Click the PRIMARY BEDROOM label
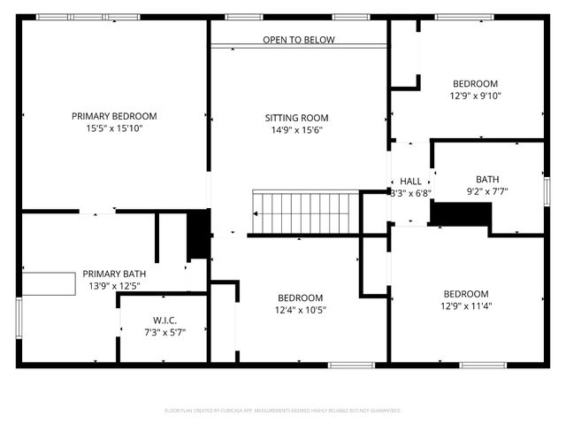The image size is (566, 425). click(114, 116)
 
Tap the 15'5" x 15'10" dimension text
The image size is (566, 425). click(114, 128)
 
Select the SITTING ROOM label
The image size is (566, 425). click(297, 118)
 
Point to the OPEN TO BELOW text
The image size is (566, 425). click(298, 40)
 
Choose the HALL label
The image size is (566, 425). click(411, 181)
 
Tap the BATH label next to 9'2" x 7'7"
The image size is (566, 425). click(487, 178)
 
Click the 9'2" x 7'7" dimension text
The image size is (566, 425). click(487, 190)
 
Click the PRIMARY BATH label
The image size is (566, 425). click(115, 274)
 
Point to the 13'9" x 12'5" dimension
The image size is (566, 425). click(115, 286)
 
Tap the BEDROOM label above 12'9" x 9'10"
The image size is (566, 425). click(475, 84)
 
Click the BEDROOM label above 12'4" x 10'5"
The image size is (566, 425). click(301, 297)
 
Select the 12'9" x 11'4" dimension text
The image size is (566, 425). click(466, 306)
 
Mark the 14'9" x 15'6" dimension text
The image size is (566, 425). click(297, 130)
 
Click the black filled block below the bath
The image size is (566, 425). click(461, 214)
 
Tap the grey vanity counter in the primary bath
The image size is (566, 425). click(49, 284)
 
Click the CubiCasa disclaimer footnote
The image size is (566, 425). click(283, 411)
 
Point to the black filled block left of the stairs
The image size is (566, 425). click(198, 235)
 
